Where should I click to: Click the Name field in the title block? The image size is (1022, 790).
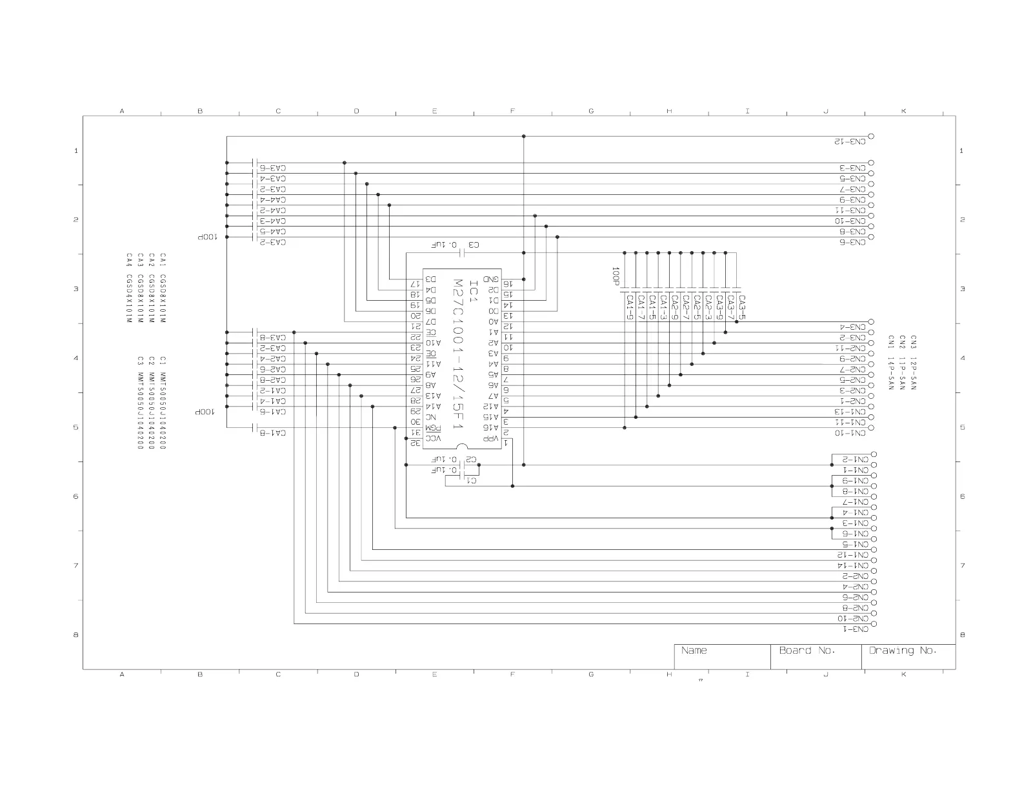(x=694, y=651)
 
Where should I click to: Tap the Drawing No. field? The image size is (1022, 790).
(x=902, y=651)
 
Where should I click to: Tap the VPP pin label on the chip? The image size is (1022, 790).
(x=491, y=438)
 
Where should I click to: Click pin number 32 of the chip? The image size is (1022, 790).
(x=417, y=443)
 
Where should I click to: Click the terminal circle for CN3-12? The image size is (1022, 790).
(x=871, y=136)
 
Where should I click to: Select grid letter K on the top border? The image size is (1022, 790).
(x=903, y=111)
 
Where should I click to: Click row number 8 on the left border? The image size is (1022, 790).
(x=76, y=635)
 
